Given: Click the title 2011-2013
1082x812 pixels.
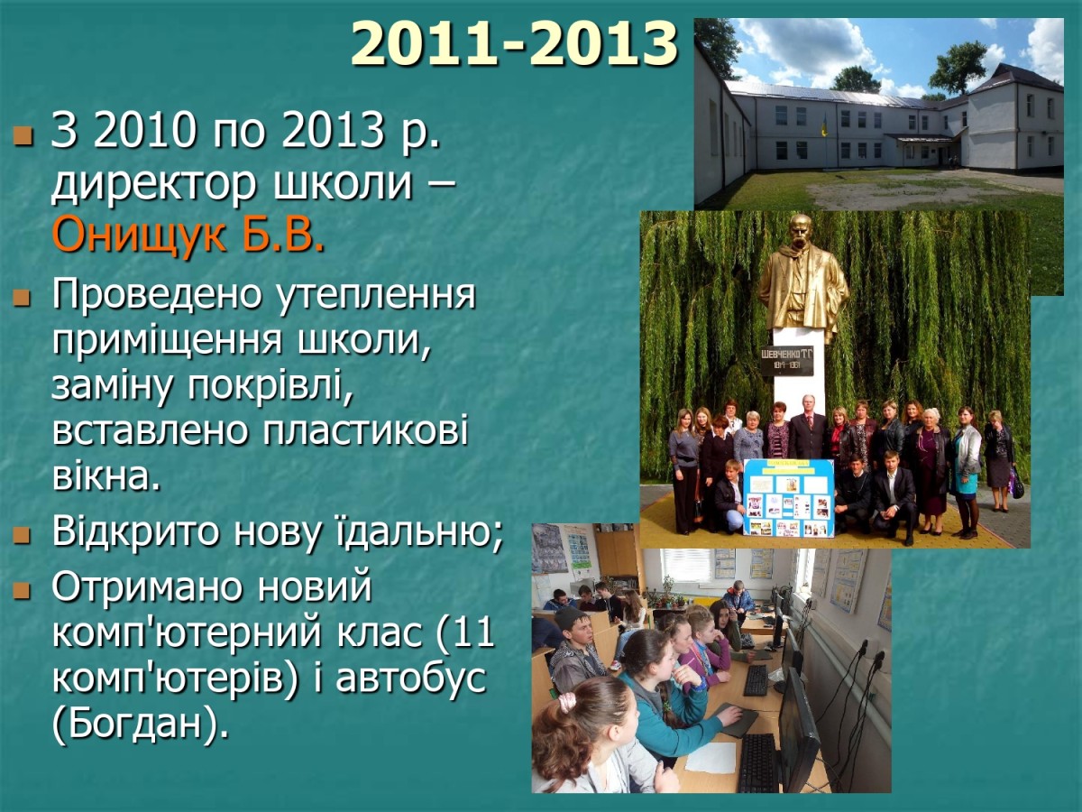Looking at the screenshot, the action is (514, 44).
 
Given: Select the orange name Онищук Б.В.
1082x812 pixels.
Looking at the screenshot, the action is (188, 235).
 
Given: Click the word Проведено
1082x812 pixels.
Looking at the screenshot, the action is (155, 295).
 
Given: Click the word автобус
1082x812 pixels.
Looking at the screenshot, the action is (411, 678).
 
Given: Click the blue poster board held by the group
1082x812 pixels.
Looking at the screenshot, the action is (788, 497).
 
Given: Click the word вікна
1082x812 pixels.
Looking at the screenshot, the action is (107, 476).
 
